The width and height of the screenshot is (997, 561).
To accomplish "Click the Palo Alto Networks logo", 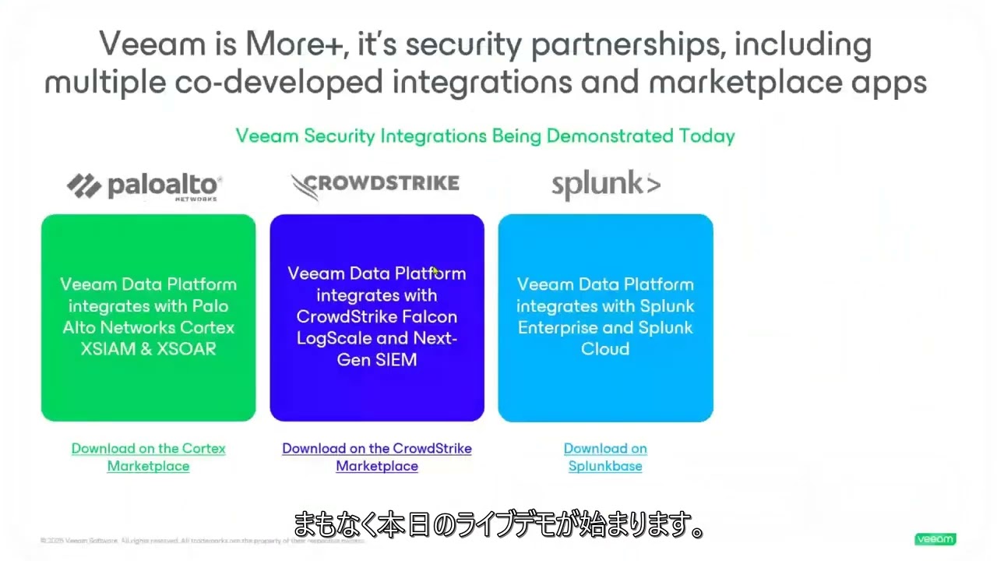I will (x=144, y=185).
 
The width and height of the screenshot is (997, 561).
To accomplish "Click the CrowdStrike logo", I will (x=375, y=185).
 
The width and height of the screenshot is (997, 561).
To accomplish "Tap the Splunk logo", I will (x=605, y=185).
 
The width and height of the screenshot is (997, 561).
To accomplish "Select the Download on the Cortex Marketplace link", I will (x=148, y=457).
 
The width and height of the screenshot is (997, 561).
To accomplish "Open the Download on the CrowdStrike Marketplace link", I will (x=377, y=457).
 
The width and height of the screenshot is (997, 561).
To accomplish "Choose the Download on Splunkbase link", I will (x=605, y=457).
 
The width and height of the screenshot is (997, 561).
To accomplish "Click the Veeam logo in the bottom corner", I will (x=935, y=539).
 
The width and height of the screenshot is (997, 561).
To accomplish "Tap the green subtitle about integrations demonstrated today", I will (x=485, y=136).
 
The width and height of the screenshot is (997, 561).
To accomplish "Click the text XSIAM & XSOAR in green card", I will (x=148, y=349).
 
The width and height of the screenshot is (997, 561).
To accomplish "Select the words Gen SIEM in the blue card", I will (x=377, y=360).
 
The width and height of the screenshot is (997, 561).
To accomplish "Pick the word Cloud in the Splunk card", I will (x=605, y=349).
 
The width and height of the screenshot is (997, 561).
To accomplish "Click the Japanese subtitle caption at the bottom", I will (x=498, y=525).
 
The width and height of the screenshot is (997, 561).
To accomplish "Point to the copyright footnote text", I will (x=203, y=540).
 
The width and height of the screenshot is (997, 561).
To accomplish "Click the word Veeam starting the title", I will (x=148, y=45).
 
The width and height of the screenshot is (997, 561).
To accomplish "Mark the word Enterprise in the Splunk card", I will (x=561, y=328).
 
